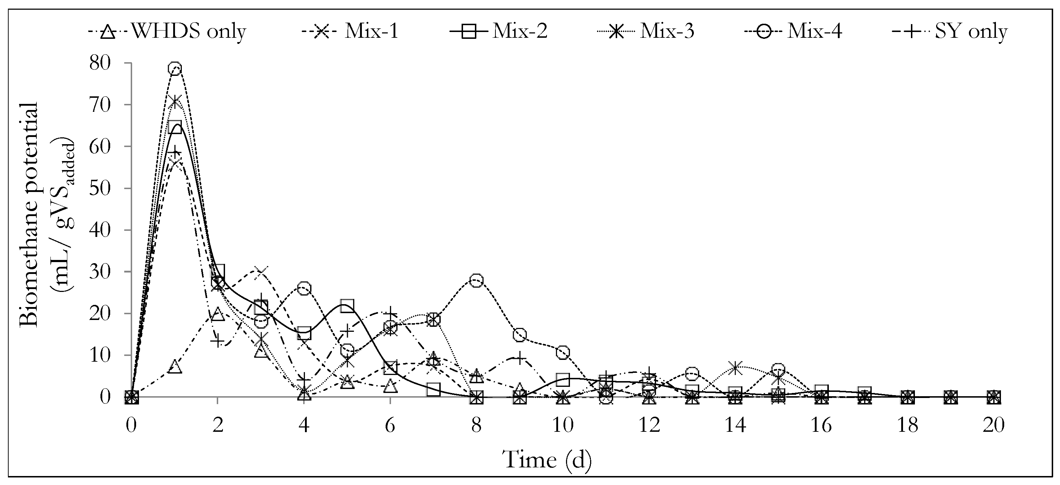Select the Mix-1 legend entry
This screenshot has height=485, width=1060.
click(350, 31)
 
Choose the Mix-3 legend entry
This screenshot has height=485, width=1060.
click(646, 31)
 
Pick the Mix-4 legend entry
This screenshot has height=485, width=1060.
click(793, 31)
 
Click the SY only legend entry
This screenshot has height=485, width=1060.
click(950, 31)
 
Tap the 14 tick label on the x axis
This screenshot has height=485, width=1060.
click(735, 425)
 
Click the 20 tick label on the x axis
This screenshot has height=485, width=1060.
click(994, 425)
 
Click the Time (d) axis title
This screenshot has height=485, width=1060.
click(547, 459)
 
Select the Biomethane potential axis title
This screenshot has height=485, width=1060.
click(29, 214)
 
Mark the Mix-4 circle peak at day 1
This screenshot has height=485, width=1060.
click(175, 69)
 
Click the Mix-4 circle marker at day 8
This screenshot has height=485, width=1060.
click(476, 281)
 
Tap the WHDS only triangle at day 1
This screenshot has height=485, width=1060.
click(175, 367)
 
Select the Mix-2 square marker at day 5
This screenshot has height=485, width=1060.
click(347, 305)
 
